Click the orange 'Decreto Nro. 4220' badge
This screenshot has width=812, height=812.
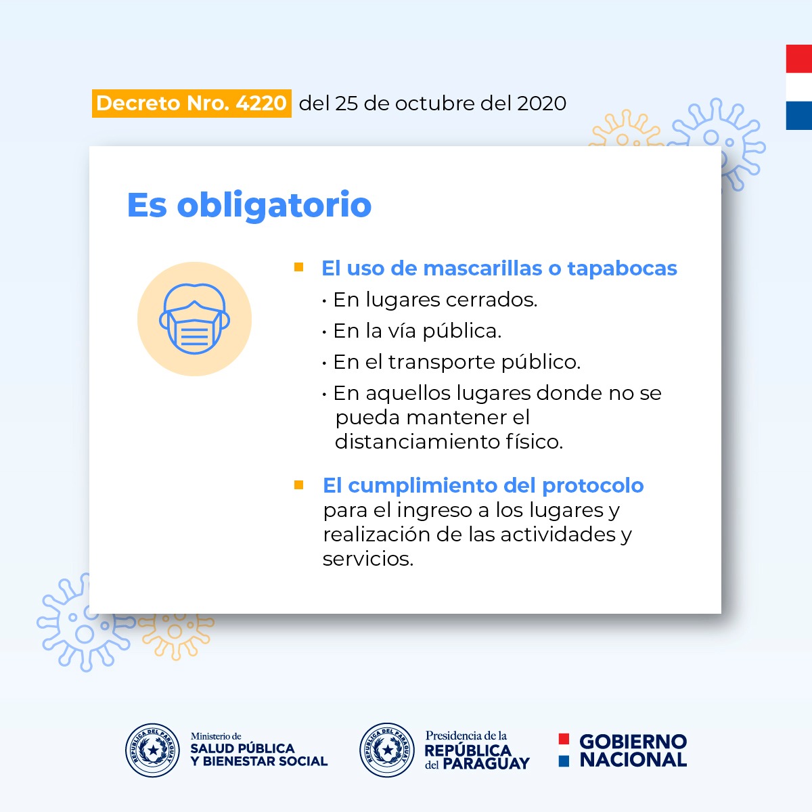point(191,104)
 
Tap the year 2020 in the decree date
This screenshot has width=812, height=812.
point(541,104)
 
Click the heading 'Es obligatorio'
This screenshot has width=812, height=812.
point(249,205)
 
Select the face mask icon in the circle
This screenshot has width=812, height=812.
point(195,319)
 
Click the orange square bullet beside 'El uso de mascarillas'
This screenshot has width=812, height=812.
point(299,267)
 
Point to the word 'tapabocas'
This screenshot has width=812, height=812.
point(622,269)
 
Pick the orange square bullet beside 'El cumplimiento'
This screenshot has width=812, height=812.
point(299,485)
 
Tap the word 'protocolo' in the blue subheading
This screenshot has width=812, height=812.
point(593,486)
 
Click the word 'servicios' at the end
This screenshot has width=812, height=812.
point(367,559)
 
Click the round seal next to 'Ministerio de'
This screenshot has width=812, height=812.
point(152,750)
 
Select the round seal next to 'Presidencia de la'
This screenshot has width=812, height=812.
point(387,750)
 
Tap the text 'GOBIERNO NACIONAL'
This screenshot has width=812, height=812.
point(633,750)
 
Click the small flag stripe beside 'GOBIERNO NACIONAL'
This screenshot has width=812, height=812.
point(564,750)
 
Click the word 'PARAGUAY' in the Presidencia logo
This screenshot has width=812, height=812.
point(486,763)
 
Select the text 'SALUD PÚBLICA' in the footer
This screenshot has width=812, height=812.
point(242,748)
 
